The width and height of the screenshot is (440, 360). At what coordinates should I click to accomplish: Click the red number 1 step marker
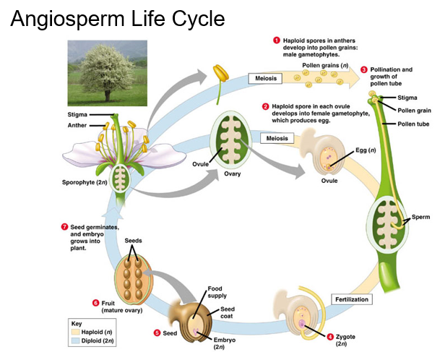pyautogui.click(x=277, y=40)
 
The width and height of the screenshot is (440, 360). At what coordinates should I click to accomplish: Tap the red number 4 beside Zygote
pyautogui.click(x=331, y=337)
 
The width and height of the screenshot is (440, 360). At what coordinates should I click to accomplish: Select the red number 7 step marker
pyautogui.click(x=64, y=227)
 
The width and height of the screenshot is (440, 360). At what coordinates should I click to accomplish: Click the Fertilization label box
pyautogui.click(x=352, y=299)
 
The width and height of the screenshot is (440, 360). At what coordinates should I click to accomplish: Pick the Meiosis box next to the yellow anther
pyautogui.click(x=266, y=78)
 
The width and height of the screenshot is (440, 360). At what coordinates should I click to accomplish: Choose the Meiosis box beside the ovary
pyautogui.click(x=277, y=138)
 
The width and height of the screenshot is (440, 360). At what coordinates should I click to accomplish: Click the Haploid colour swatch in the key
pyautogui.click(x=75, y=332)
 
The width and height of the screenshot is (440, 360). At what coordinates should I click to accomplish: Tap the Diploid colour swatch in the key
pyautogui.click(x=75, y=341)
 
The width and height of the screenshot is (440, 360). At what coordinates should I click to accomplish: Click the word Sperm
pyautogui.click(x=420, y=217)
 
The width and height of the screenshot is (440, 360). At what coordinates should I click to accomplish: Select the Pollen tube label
pyautogui.click(x=413, y=124)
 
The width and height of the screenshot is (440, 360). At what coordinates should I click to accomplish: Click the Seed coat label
pyautogui.click(x=228, y=312)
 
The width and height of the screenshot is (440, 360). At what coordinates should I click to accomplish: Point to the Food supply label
pyautogui.click(x=217, y=292)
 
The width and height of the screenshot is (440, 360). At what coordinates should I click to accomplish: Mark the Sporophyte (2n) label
pyautogui.click(x=85, y=182)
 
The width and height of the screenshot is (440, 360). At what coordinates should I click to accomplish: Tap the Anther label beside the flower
pyautogui.click(x=77, y=125)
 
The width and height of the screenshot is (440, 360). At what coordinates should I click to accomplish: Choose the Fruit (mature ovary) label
pyautogui.click(x=122, y=307)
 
